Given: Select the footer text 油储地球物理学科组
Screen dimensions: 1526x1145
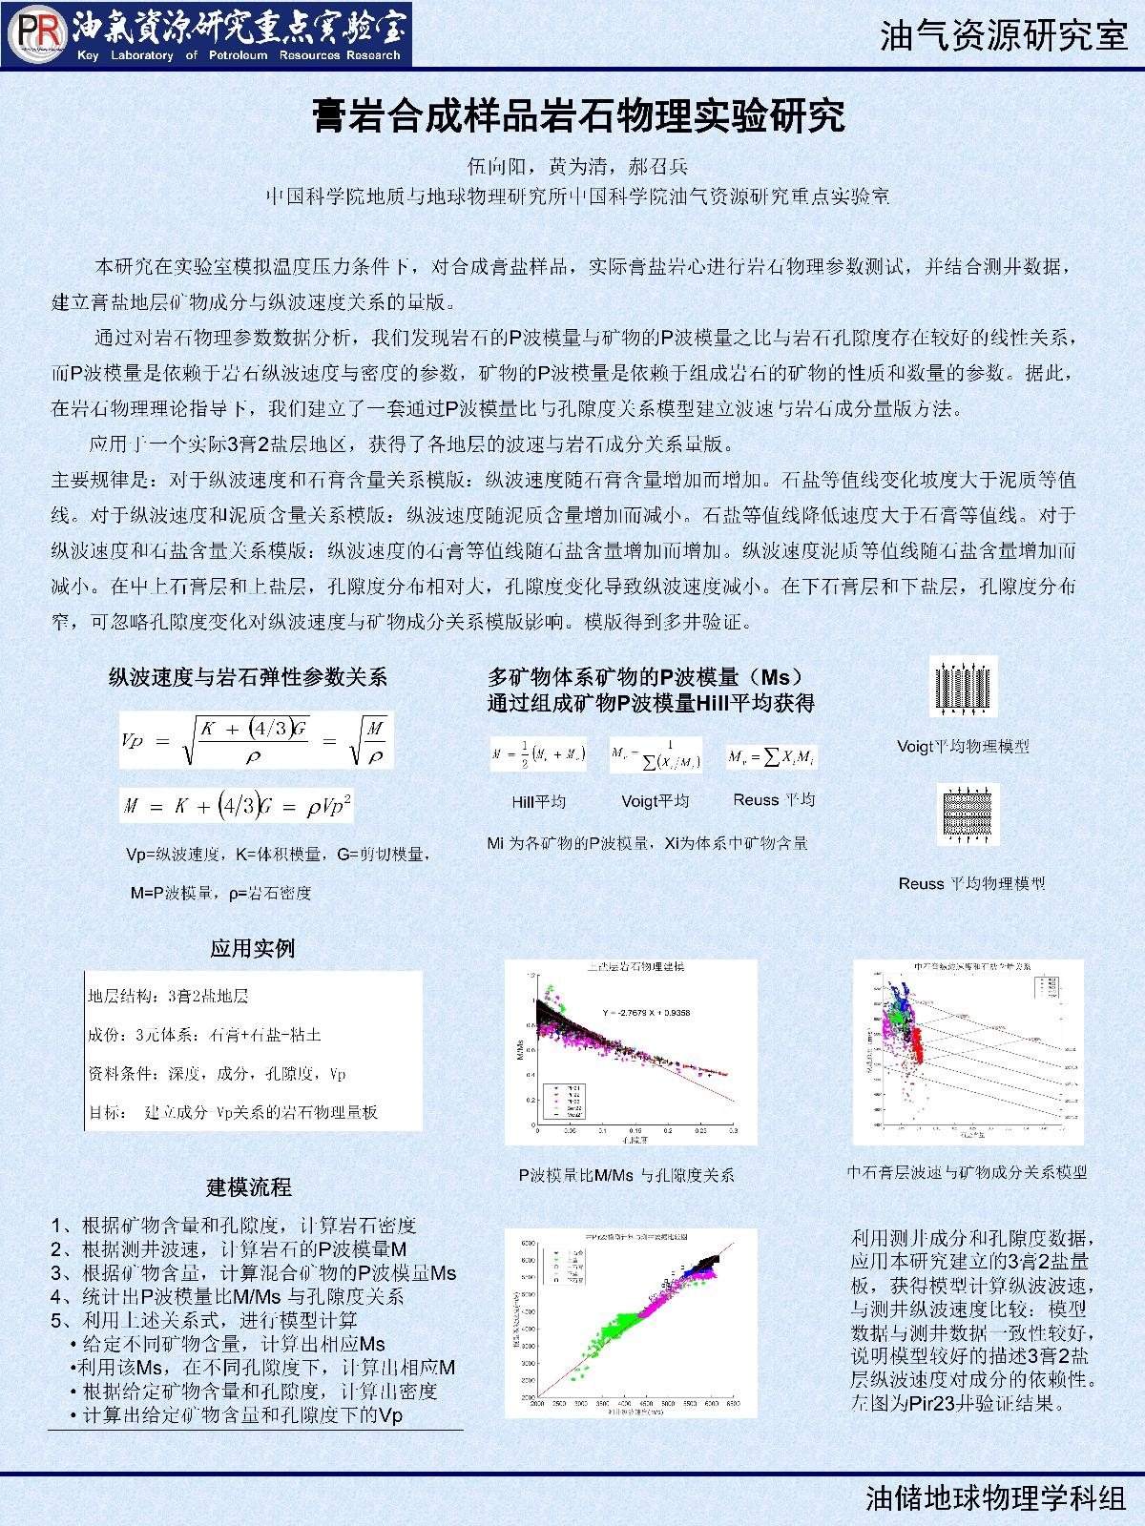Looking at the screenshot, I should [x=996, y=1498].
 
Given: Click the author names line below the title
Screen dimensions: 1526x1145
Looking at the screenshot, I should [x=578, y=165].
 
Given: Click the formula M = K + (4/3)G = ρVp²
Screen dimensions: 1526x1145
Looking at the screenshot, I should [x=237, y=807].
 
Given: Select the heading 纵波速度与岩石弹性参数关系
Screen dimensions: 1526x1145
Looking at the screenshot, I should [x=248, y=678].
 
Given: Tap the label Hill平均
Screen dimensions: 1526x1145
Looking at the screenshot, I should [x=538, y=801].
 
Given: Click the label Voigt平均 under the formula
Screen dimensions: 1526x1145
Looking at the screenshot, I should [x=655, y=801].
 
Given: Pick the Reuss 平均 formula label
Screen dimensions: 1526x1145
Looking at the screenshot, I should [x=774, y=800].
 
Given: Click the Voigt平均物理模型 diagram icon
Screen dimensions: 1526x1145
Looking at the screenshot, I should [x=963, y=686].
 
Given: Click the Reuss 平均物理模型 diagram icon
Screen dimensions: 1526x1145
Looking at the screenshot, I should [x=968, y=815].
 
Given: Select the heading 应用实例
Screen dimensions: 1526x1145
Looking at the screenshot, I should [x=253, y=948].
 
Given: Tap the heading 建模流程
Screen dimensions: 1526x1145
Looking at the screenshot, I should [x=249, y=1187].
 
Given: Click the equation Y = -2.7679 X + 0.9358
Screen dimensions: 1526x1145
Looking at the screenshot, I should [x=645, y=1012].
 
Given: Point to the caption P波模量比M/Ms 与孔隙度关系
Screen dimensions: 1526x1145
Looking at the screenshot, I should [x=627, y=1175].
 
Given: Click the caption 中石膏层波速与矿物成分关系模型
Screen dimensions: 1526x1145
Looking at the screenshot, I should [x=968, y=1172].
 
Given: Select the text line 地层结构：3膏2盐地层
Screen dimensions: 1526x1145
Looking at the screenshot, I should [x=169, y=997].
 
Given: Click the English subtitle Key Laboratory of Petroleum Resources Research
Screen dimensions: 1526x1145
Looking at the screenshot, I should [x=239, y=55].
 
